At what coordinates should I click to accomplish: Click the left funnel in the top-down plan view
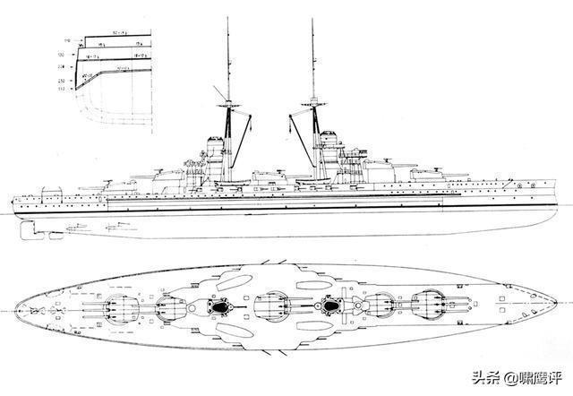216,308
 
